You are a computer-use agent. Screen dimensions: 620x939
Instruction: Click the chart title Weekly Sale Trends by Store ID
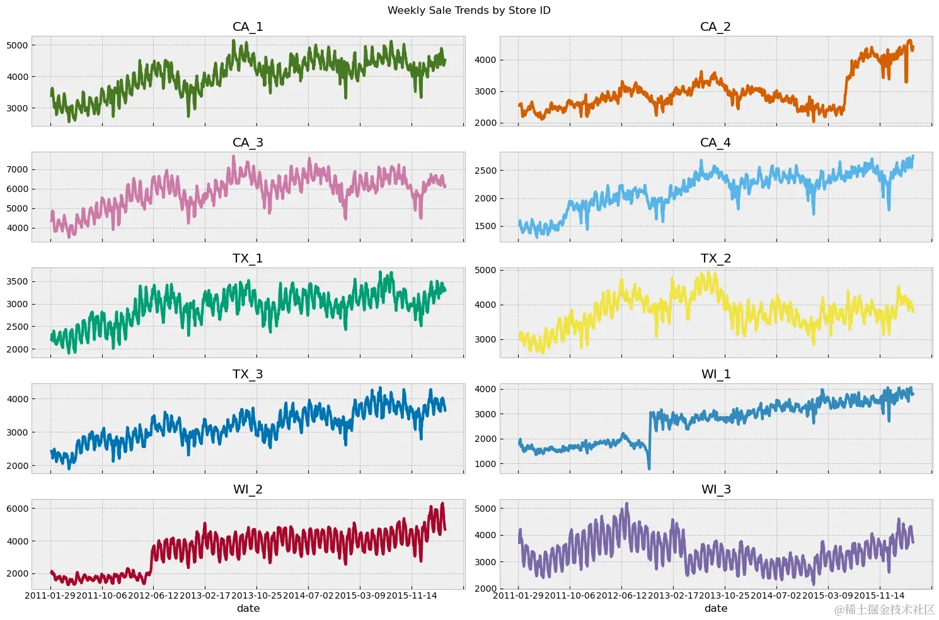point(469,10)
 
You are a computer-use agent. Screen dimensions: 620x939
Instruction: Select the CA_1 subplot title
point(248,26)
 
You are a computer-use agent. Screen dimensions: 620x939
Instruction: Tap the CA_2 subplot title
point(715,26)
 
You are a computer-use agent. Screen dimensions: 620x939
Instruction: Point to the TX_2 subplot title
point(715,258)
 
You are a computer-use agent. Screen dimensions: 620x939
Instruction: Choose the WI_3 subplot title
point(715,489)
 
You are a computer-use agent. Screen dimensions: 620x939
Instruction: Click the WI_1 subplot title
point(715,374)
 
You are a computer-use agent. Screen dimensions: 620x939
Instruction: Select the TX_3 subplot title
point(248,374)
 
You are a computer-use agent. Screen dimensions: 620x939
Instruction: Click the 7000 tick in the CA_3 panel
point(17,169)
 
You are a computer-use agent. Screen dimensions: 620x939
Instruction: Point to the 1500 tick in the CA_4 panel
point(485,226)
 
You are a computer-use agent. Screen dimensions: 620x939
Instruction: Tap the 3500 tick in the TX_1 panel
point(17,281)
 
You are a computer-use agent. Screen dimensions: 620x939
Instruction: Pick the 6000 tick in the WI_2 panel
point(17,509)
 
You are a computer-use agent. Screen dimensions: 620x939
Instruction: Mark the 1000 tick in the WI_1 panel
point(485,464)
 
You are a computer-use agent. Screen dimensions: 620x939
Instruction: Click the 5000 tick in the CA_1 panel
point(17,45)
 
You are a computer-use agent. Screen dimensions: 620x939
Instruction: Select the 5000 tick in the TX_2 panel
point(485,270)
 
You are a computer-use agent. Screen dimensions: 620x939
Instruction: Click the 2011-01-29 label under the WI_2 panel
point(50,595)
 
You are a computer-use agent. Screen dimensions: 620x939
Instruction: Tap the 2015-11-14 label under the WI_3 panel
point(879,595)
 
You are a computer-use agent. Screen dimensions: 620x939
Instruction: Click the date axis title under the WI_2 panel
point(248,608)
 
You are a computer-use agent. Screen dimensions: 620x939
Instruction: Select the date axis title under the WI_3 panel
point(715,608)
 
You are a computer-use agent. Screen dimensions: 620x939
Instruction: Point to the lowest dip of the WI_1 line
point(649,468)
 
